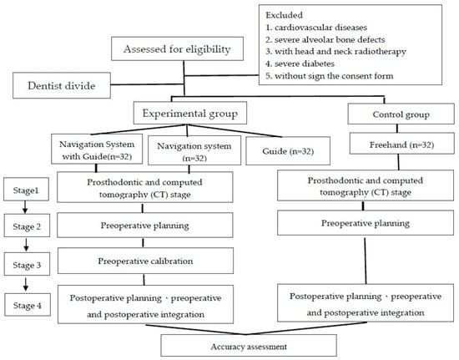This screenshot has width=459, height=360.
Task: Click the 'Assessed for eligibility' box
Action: tap(177, 48)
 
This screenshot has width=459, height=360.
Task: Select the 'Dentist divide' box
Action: tap(62, 85)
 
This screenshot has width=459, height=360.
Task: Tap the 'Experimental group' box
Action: tap(190, 113)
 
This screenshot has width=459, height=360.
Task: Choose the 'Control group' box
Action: tap(401, 114)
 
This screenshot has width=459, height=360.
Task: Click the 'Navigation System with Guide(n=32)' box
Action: tap(97, 150)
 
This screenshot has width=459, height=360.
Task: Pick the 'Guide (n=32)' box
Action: tap(288, 151)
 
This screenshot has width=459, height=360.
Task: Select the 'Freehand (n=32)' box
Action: tap(402, 144)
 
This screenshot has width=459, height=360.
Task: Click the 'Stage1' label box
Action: tap(26, 190)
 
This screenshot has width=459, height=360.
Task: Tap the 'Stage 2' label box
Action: tap(27, 226)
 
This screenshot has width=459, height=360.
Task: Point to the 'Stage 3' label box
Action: tap(27, 264)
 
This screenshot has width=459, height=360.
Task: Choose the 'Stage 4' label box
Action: tap(28, 305)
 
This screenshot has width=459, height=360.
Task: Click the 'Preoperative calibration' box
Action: tap(145, 261)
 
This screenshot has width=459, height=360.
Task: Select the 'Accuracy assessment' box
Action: tap(249, 346)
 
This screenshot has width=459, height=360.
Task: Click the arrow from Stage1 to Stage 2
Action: tap(25, 207)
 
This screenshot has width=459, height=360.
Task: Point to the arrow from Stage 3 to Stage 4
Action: tap(26, 284)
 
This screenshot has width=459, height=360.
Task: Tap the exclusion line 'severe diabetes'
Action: tap(300, 63)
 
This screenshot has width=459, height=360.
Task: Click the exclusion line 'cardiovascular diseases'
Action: tap(316, 28)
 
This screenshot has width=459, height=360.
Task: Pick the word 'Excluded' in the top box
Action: tap(284, 15)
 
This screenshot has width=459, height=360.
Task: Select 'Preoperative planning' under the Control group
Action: tap(366, 223)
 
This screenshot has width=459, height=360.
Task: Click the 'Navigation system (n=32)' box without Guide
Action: tap(194, 150)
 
